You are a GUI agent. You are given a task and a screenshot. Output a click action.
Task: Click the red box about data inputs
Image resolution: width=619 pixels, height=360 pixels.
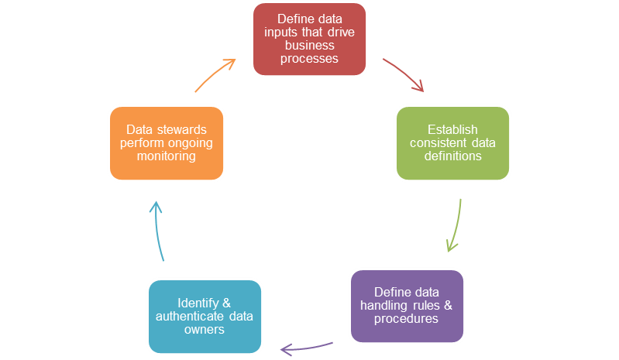point(309,39)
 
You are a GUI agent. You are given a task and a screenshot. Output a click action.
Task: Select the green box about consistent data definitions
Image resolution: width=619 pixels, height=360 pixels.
point(452,143)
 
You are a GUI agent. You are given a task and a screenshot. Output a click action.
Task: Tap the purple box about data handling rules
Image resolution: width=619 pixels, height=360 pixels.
point(407,305)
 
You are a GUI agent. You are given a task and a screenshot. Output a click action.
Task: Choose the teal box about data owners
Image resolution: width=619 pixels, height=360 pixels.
point(205,316)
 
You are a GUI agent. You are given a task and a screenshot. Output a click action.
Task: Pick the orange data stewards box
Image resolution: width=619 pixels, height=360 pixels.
point(167,143)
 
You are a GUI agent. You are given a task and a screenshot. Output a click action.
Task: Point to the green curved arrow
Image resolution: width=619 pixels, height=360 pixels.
point(455,225)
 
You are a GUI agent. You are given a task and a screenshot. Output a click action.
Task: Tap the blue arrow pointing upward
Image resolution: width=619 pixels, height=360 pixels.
point(158,230)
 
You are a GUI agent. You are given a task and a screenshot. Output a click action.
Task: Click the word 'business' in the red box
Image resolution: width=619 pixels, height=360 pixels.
point(308,46)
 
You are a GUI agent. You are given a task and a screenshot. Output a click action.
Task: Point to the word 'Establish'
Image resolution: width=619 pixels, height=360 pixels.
point(452,129)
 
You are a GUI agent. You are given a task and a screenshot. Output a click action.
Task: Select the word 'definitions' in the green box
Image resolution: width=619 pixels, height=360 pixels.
point(452,156)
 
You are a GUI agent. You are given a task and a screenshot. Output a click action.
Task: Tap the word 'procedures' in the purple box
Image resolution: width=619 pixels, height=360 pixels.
point(407,318)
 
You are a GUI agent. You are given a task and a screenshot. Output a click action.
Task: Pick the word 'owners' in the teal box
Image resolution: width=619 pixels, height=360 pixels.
point(205,329)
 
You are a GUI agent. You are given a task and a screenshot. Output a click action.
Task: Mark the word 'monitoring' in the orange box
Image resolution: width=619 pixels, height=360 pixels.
point(167,156)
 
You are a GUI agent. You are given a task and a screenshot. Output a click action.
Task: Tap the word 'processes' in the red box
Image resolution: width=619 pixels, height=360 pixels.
point(308,59)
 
